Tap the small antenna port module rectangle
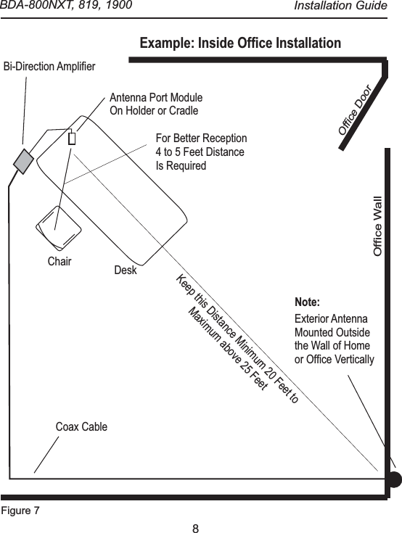[x=72, y=139]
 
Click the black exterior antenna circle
[x=393, y=478]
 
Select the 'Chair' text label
[x=60, y=262]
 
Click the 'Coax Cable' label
[x=81, y=426]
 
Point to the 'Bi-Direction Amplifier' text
[x=50, y=67]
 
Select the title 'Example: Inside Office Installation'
[x=239, y=44]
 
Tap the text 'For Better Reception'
[x=201, y=139]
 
